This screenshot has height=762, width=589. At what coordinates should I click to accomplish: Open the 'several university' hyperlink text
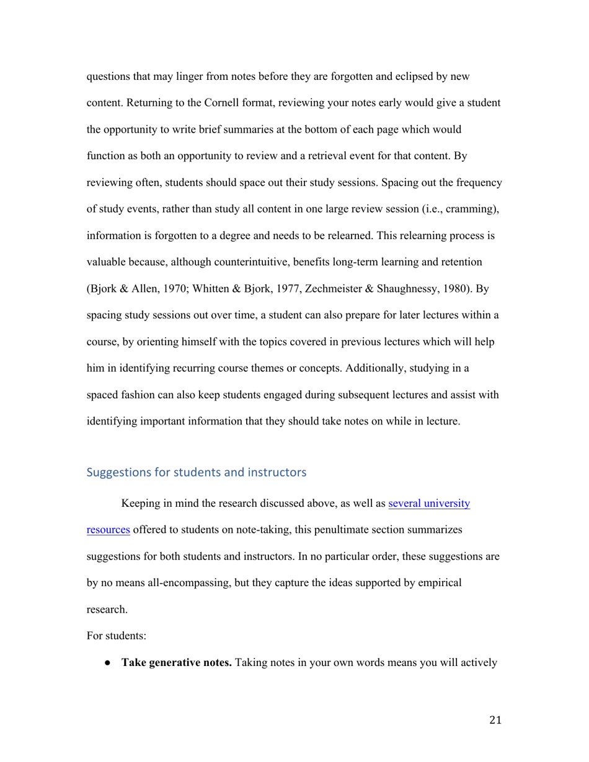[429, 504]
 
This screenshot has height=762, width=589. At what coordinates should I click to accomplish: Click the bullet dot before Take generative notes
[108, 663]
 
